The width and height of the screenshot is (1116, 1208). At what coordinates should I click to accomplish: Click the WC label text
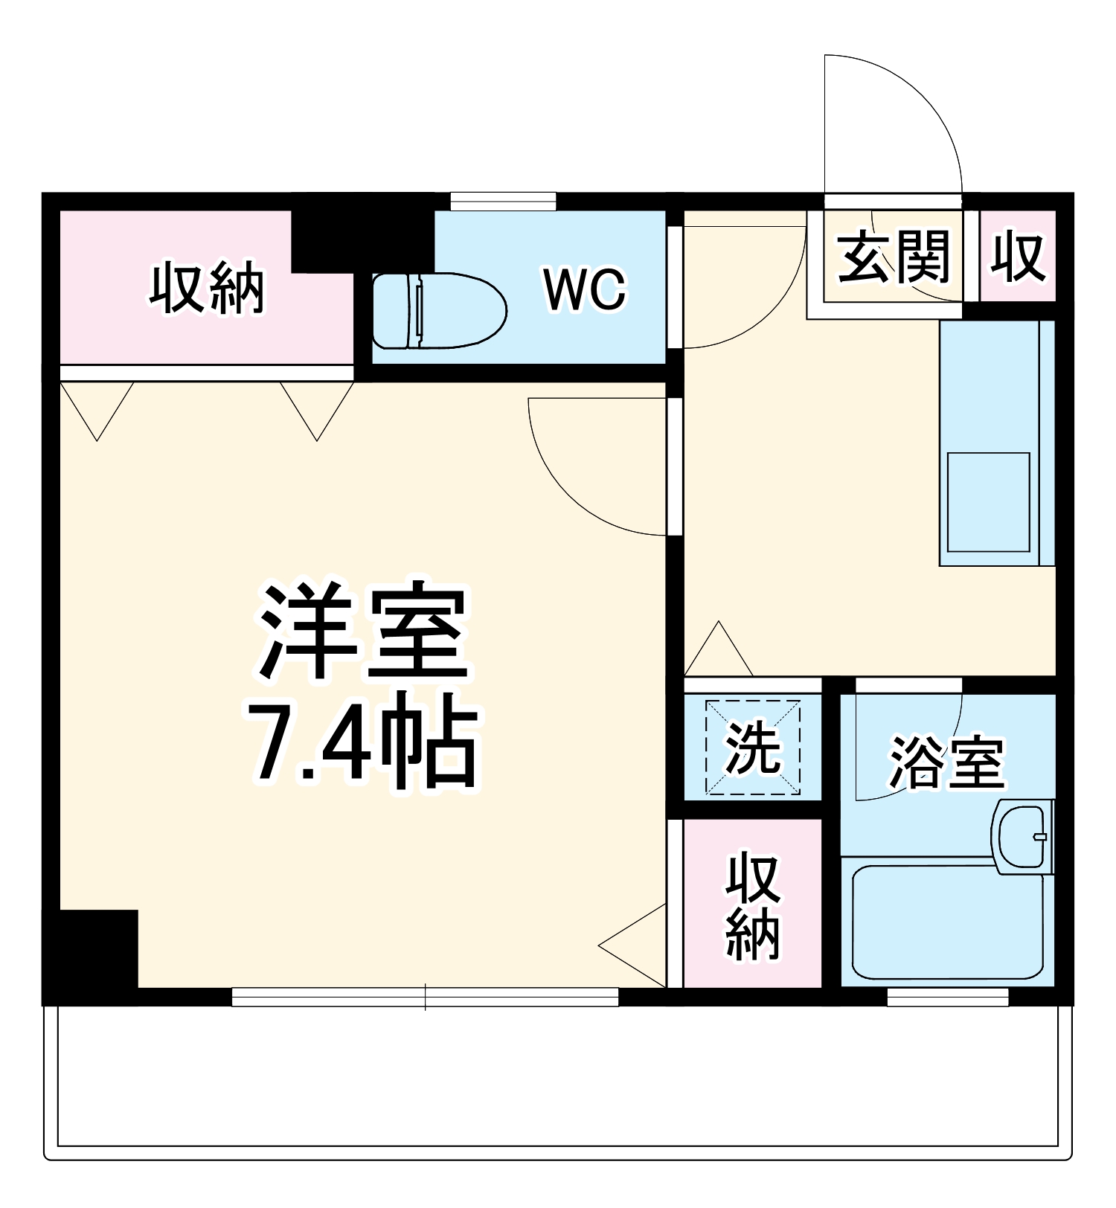(x=585, y=289)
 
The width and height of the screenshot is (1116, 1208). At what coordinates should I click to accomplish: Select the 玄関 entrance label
(x=894, y=257)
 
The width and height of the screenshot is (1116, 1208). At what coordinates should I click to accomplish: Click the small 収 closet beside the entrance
(x=1018, y=257)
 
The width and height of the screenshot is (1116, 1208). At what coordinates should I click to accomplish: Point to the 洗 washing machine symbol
(x=752, y=747)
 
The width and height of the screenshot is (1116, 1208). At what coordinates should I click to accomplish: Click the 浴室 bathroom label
(x=947, y=762)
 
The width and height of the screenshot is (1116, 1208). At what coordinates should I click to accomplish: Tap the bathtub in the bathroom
(x=947, y=922)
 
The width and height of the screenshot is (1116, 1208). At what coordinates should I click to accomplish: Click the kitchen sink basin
(x=988, y=501)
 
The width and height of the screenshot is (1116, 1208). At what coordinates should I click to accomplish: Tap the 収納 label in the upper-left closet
(x=207, y=288)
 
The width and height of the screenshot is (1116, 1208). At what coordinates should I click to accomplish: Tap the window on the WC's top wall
(x=503, y=201)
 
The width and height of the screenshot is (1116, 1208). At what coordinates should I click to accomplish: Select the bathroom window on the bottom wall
(x=947, y=997)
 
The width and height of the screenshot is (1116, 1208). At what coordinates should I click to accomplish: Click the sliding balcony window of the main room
(x=425, y=997)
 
